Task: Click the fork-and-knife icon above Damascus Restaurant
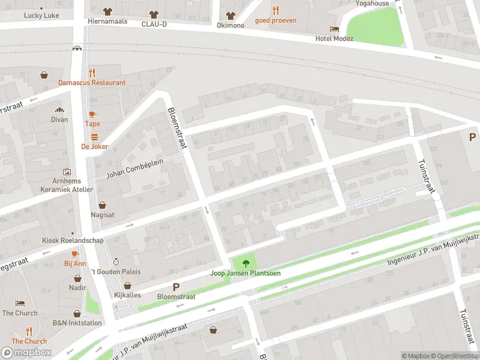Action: pos(92,73)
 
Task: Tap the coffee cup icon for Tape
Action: pos(92,114)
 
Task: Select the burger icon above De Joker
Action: pos(94,137)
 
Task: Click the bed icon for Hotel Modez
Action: pos(334,29)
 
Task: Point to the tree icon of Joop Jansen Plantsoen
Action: pos(245,263)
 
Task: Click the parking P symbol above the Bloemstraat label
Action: pos(176,287)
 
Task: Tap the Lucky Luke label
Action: pos(41,16)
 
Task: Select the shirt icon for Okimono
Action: pos(230,16)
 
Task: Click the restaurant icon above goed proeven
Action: pos(275,10)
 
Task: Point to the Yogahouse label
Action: pos(371,3)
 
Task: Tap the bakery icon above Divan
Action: pos(59,110)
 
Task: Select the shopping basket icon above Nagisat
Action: pos(103,205)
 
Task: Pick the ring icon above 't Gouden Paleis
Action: pos(116,262)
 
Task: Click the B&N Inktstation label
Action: pos(77,323)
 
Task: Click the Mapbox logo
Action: pos(26,352)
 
